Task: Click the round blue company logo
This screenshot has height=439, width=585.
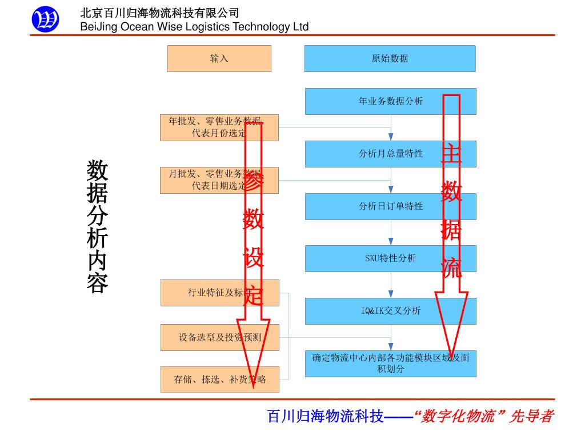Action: (45, 20)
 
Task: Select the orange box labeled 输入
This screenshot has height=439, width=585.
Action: (219, 58)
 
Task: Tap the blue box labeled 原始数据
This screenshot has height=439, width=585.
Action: (390, 58)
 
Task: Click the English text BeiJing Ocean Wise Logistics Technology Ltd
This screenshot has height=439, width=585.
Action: (194, 27)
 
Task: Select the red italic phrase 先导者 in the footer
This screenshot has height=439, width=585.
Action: (531, 416)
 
